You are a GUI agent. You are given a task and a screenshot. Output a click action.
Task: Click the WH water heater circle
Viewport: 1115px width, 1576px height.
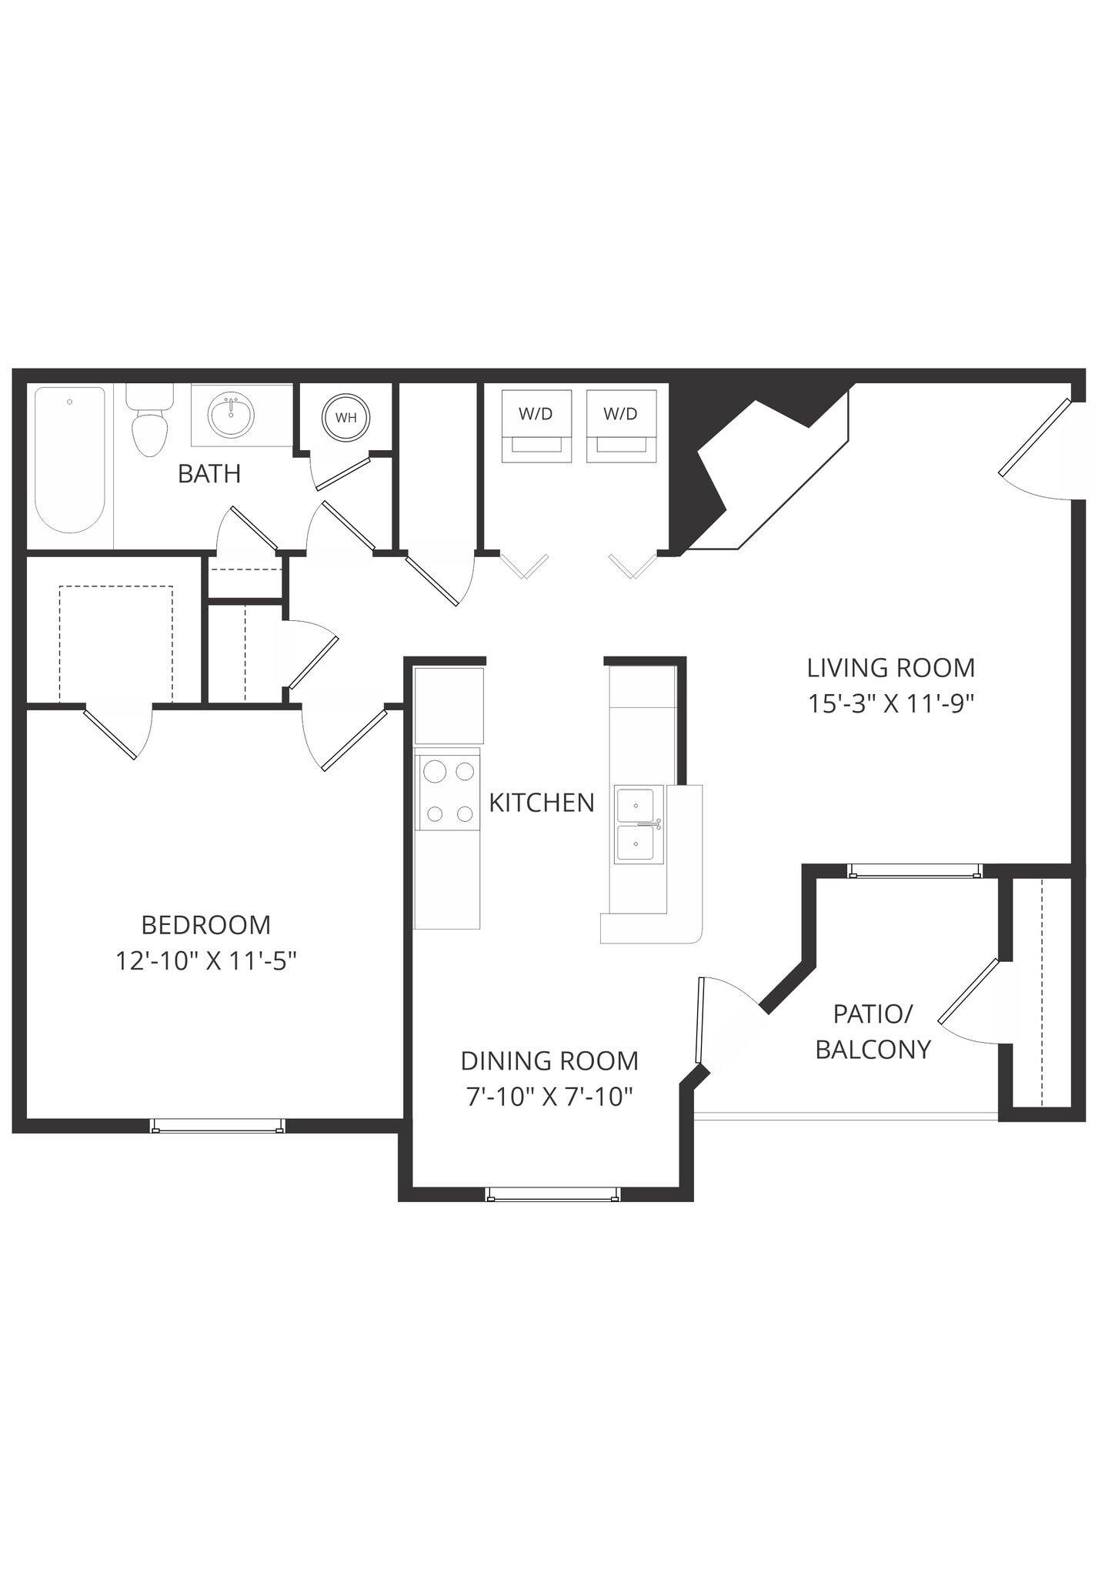tap(346, 418)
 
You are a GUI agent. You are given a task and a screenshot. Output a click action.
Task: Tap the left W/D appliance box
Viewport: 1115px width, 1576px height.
tap(536, 426)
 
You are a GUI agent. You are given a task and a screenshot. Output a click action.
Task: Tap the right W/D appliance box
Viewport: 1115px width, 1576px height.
tap(621, 426)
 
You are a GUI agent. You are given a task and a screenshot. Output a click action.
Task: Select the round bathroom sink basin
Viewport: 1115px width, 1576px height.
tap(230, 416)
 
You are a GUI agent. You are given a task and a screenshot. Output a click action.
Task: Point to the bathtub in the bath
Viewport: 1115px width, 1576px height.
tap(69, 460)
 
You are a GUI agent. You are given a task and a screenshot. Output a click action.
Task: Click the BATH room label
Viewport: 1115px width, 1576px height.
tap(209, 474)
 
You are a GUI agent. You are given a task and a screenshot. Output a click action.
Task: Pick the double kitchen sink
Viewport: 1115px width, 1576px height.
tap(638, 825)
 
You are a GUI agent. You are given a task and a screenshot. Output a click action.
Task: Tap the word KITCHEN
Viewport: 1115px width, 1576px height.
tap(542, 803)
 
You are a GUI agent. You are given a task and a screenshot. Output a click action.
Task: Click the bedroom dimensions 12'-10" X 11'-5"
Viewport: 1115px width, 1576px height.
tap(206, 960)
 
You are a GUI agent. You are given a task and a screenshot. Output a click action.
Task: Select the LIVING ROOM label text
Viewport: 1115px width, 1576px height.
tap(891, 667)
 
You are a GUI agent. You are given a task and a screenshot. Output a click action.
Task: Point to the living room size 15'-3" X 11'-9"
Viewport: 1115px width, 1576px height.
tap(891, 703)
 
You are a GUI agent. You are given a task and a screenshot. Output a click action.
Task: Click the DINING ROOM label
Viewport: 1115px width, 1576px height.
tap(549, 1060)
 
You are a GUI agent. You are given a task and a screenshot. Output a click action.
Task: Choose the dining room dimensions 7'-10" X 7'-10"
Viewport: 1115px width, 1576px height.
tap(549, 1096)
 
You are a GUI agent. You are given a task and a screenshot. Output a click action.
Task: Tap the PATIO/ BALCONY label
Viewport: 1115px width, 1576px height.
tap(873, 1031)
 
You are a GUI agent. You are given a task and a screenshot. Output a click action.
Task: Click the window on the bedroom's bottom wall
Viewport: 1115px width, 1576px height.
tap(218, 1126)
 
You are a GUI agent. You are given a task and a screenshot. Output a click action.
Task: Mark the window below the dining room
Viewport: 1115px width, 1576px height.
tap(552, 1194)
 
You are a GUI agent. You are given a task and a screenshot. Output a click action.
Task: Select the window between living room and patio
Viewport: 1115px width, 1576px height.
tap(915, 871)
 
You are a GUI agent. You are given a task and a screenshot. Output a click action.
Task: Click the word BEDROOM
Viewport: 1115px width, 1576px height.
tap(206, 924)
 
